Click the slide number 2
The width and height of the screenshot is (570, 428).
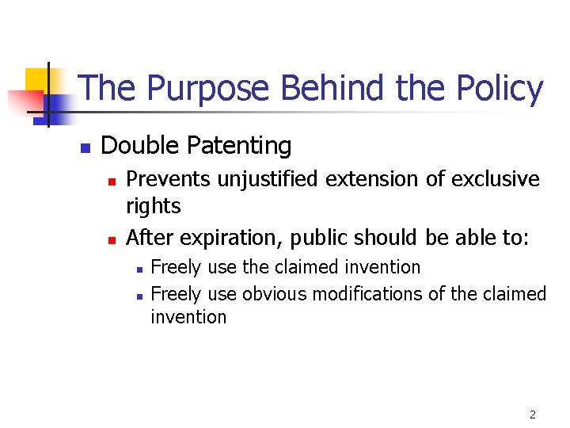[x=533, y=415]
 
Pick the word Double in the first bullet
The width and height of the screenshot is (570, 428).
[x=141, y=146]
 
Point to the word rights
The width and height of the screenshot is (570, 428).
[x=154, y=207]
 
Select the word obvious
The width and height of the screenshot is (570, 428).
[x=275, y=294]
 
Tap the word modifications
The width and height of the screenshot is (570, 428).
[x=368, y=294]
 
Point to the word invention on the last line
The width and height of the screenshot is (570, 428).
[x=188, y=317]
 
